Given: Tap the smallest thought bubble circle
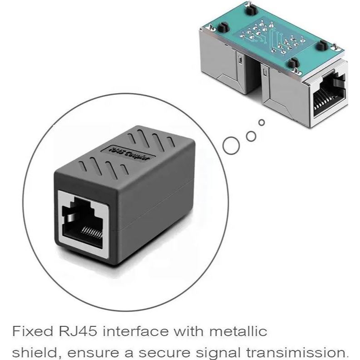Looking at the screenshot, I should coord(261,122).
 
